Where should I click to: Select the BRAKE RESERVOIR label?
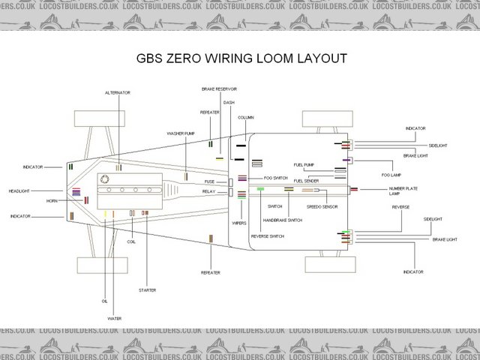click(x=220, y=89)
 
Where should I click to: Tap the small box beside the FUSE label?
click(x=232, y=181)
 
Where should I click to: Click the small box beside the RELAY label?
click(x=232, y=193)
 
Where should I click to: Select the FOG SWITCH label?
click(x=275, y=178)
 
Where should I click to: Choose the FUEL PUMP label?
click(x=304, y=164)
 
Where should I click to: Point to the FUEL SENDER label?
click(x=307, y=181)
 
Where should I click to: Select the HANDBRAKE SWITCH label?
click(x=282, y=220)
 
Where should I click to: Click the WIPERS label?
click(x=239, y=223)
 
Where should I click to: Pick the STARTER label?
click(x=147, y=289)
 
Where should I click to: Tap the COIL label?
click(x=131, y=241)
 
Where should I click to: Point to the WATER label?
click(x=113, y=318)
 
